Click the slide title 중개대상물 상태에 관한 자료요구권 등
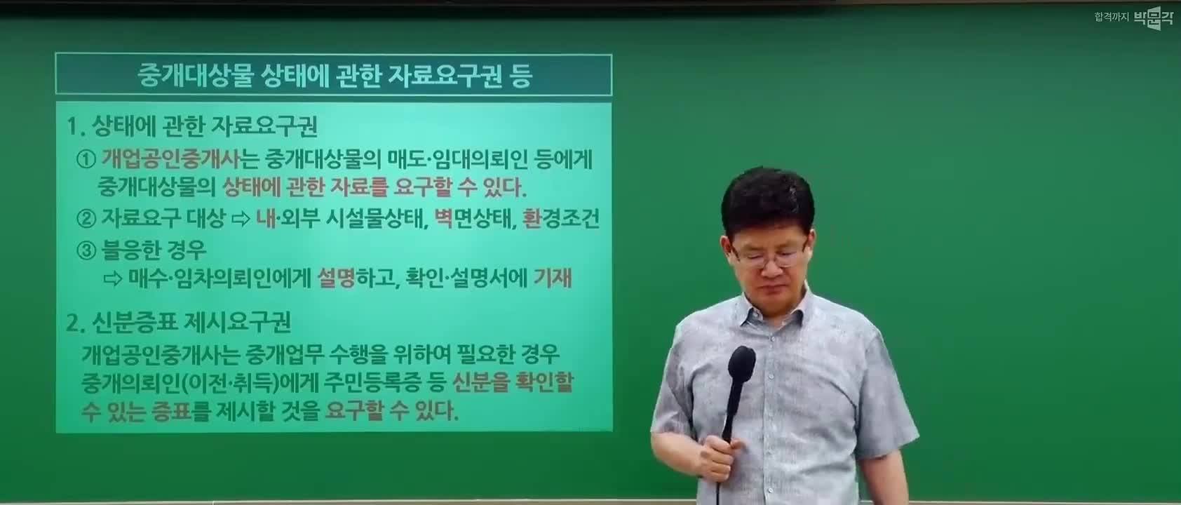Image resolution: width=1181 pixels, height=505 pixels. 335,75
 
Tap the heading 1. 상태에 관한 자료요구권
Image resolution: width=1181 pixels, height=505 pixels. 192,126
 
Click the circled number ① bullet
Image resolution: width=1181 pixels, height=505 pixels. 86,159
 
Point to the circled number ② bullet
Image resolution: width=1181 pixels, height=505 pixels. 86,218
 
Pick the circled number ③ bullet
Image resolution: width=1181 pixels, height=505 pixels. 86,250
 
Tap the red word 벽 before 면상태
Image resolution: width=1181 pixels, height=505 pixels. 444,217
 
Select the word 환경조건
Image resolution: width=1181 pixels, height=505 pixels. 560,217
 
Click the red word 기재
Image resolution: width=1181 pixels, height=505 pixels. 553,278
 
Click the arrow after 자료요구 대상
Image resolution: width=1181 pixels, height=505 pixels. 241,219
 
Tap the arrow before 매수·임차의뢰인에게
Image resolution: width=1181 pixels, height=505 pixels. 113,278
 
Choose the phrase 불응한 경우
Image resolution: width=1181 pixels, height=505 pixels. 154,250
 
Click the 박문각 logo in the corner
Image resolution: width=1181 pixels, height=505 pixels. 1154,18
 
